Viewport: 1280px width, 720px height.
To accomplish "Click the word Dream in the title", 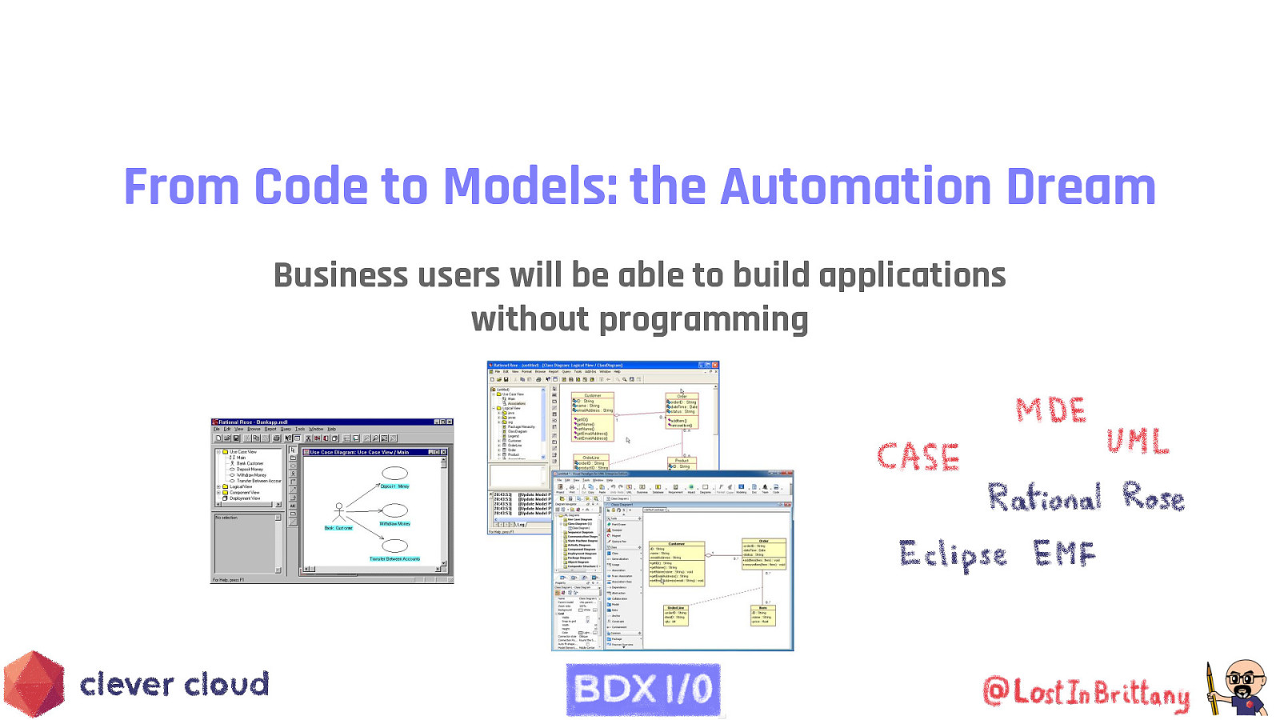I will point(1080,187).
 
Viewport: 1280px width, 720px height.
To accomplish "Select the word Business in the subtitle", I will point(341,275).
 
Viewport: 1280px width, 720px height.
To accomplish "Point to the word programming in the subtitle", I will point(703,320).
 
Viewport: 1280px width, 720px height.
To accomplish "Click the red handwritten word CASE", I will point(918,457).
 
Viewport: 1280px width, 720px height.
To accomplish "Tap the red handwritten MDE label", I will point(1050,410).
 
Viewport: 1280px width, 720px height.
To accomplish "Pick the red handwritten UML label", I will point(1137,441).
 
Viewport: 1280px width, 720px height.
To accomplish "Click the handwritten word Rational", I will point(1044,497).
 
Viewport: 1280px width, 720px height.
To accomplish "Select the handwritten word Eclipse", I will point(952,554).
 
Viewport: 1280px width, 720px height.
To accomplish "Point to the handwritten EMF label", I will point(1063,553).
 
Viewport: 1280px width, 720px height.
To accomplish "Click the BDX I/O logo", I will point(643,689).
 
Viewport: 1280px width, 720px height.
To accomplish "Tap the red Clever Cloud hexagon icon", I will point(34,684).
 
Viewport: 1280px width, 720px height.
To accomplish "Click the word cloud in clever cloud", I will point(226,685).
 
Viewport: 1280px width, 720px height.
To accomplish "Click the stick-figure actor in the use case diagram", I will point(339,512).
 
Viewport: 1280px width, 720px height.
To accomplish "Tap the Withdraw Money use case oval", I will point(394,510).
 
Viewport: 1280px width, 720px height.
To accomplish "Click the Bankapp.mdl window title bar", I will point(320,422).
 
